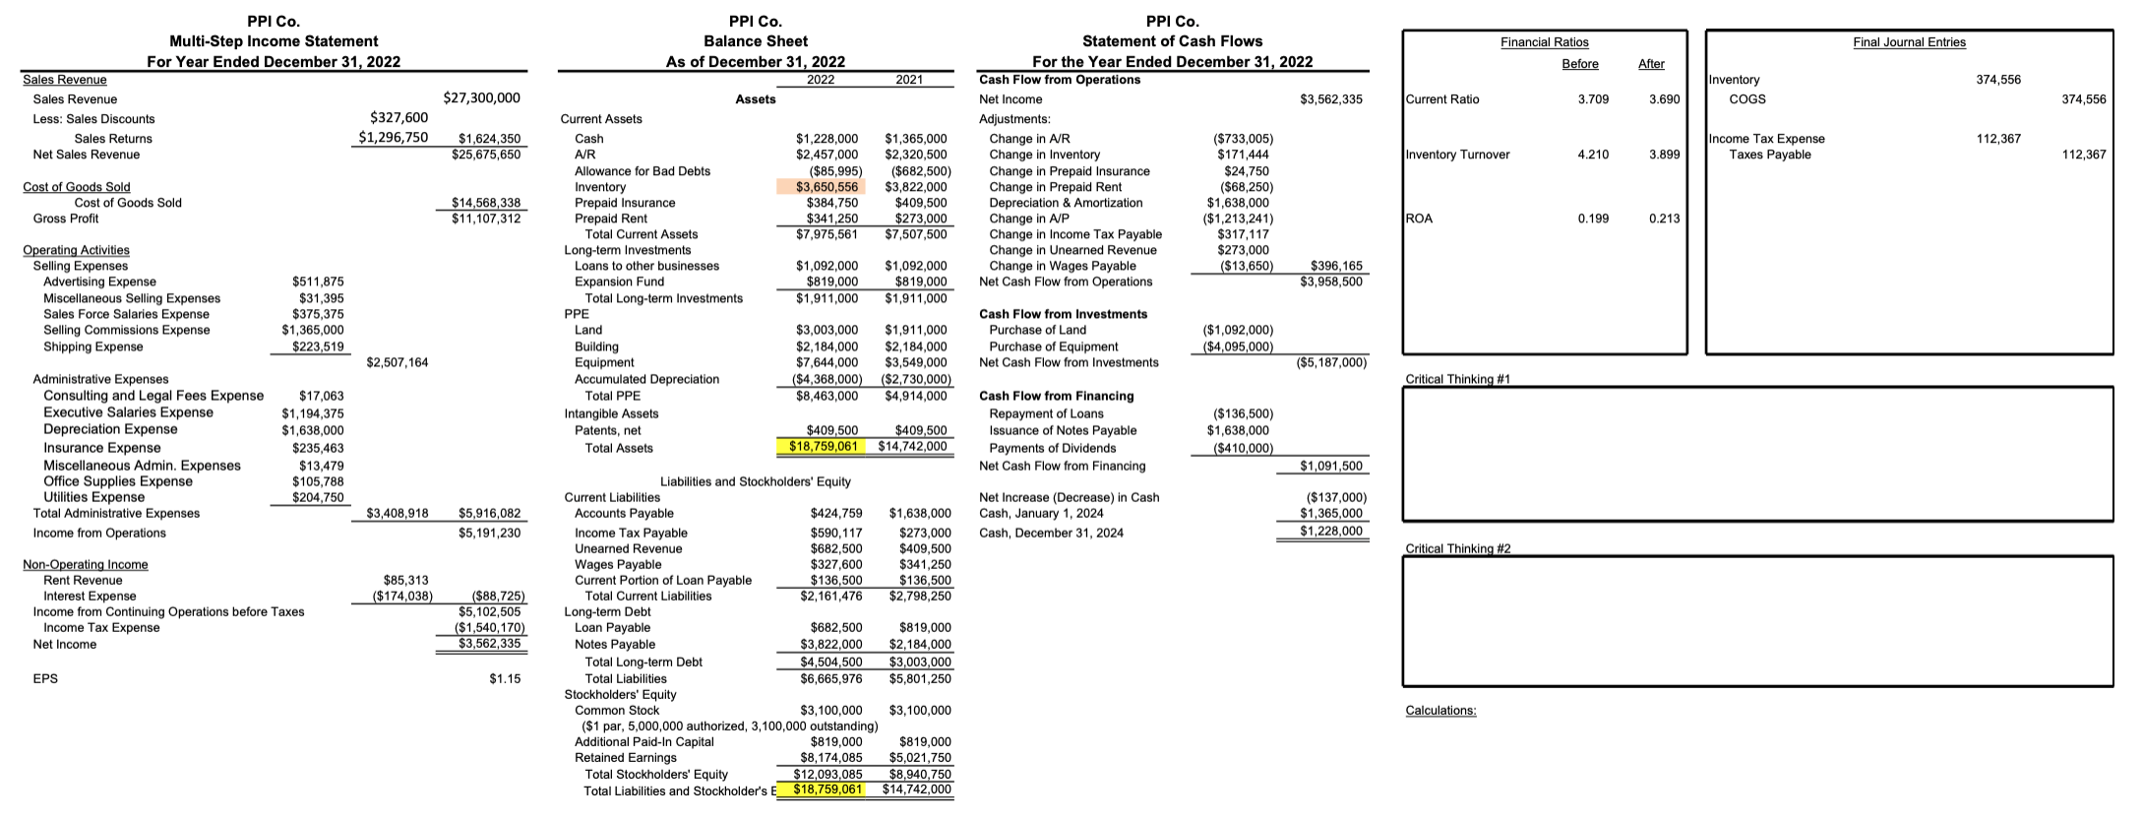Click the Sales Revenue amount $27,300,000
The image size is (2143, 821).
point(481,98)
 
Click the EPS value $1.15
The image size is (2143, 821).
point(505,679)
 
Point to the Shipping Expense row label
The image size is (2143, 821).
point(92,347)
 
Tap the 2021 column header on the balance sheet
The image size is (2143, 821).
point(909,80)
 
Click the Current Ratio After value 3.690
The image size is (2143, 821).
point(1664,99)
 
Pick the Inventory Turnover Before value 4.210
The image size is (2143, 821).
point(1593,155)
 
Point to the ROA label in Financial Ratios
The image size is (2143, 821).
point(1419,219)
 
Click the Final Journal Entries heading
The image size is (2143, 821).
point(1909,42)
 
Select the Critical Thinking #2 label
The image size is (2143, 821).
point(1457,548)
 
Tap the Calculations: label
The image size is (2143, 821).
point(1440,711)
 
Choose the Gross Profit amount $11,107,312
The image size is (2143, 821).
point(485,219)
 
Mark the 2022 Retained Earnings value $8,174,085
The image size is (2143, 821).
point(830,758)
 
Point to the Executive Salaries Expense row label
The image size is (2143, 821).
point(128,412)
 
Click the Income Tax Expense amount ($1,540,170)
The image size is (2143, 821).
point(489,628)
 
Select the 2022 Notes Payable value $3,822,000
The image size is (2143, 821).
point(830,645)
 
